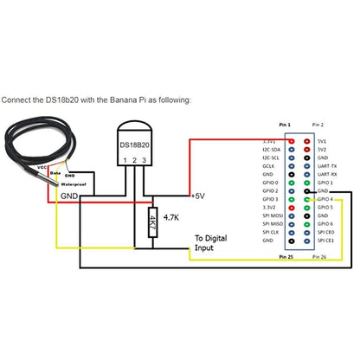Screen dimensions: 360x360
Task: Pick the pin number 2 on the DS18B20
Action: [x=134, y=161]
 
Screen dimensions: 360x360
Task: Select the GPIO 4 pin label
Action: [x=325, y=200]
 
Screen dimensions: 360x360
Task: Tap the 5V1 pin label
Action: [x=323, y=140]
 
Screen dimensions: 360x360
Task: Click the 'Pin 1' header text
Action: [x=286, y=125]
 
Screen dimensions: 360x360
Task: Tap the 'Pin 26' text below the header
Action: [x=317, y=257]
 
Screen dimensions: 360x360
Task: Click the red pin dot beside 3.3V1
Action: [x=294, y=140]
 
